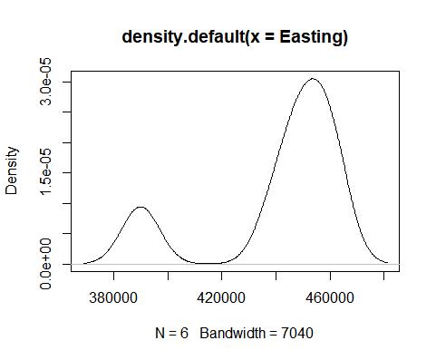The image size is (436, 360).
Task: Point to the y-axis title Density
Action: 13,170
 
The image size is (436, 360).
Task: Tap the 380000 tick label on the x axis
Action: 113,297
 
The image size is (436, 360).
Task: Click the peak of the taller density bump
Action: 313,79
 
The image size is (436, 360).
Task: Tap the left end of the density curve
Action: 83,264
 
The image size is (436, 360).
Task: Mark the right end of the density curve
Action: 387,263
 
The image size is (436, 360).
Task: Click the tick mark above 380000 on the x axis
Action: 113,276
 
